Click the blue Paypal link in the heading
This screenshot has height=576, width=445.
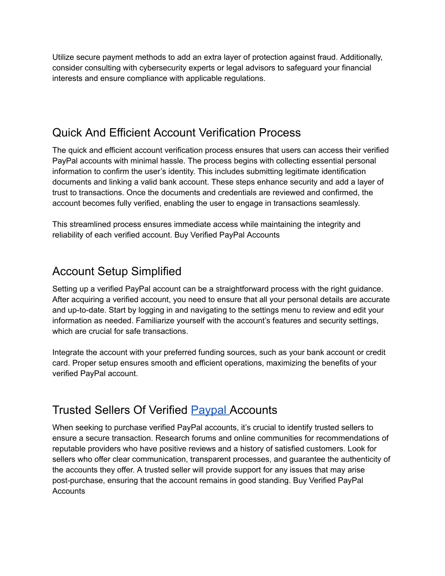coord(209,410)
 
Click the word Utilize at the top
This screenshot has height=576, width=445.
coord(64,57)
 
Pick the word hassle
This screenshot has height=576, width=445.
coord(169,161)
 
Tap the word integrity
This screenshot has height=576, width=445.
coord(331,224)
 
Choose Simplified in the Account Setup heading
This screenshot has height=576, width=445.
coord(156,271)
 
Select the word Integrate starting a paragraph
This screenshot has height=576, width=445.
coord(67,353)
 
